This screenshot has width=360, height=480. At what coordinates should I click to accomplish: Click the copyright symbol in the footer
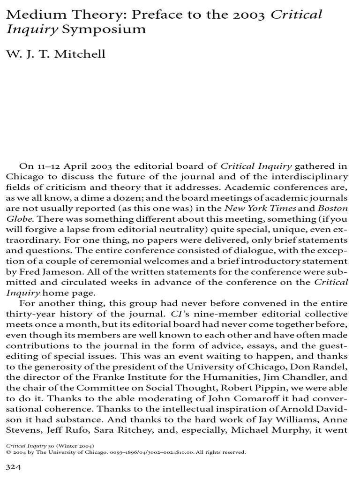(x=8, y=452)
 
